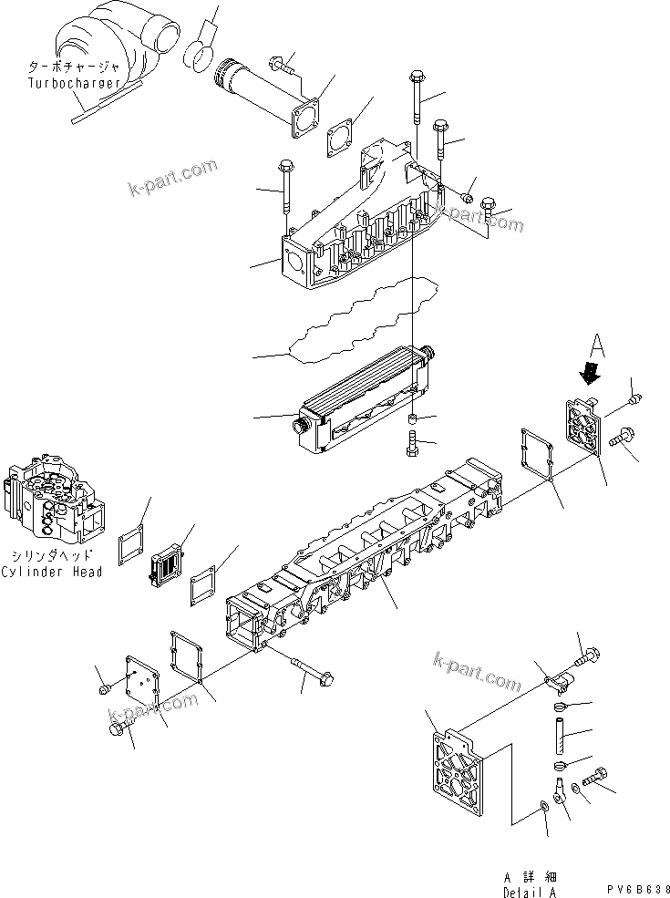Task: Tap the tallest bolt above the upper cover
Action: pyautogui.click(x=417, y=100)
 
